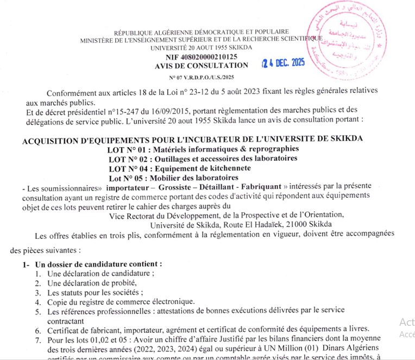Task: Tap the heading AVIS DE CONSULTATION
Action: pyautogui.click(x=201, y=65)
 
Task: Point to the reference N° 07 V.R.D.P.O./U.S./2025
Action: pyautogui.click(x=201, y=77)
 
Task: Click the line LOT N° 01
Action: pyautogui.click(x=204, y=149)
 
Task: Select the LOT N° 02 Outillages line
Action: pyautogui.click(x=203, y=159)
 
